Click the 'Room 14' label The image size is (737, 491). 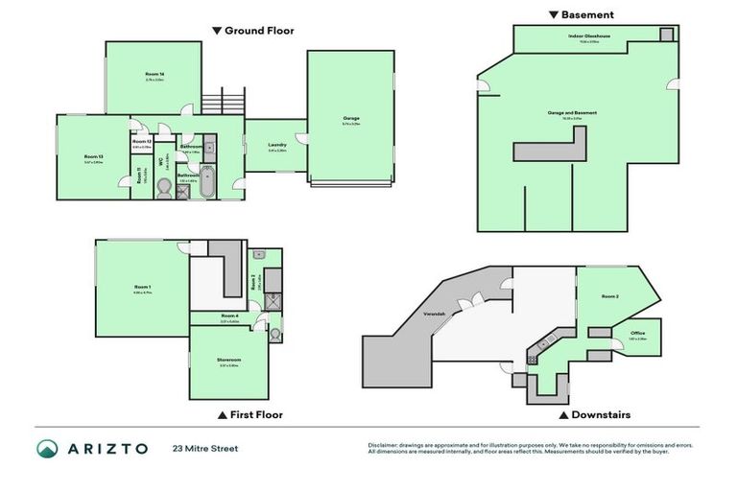pos(155,74)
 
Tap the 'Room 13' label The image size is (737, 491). pos(93,156)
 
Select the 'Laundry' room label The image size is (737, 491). pos(277,145)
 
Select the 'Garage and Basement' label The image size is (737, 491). pos(572,112)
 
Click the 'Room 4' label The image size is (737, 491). pos(228,316)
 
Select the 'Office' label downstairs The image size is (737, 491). pos(638,334)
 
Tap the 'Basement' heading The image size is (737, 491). pos(587,14)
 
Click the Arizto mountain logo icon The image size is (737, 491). pos(48,448)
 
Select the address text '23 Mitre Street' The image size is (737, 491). pos(204,448)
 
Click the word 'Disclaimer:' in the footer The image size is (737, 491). pos(386,444)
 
